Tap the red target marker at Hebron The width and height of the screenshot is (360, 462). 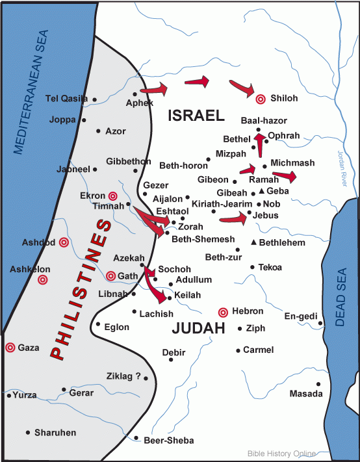[224, 312]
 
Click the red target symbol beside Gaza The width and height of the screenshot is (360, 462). [10, 348]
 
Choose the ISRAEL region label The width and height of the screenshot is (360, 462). [196, 116]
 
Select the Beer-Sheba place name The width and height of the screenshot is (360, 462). [168, 441]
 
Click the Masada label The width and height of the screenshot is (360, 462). [305, 394]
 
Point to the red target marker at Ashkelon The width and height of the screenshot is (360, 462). [43, 280]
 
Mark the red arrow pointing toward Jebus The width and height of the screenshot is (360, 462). [234, 219]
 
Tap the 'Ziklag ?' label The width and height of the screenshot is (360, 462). [123, 375]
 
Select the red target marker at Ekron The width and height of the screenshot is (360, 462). [112, 196]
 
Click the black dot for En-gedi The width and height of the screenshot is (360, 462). [320, 323]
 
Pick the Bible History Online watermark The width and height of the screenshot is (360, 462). [281, 454]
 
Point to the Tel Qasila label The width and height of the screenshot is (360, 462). [66, 99]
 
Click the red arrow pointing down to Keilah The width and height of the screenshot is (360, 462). [157, 289]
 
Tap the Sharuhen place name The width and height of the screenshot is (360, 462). [55, 432]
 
